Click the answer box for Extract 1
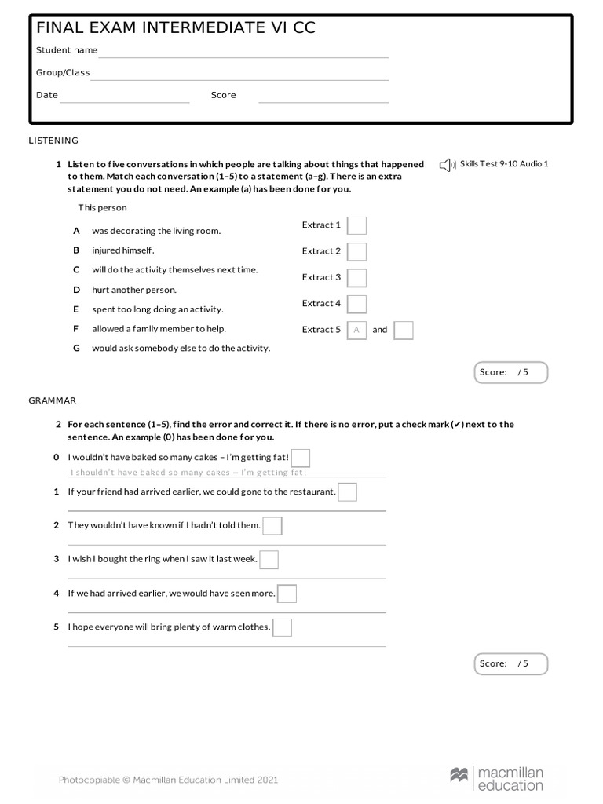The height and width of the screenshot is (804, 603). [356, 226]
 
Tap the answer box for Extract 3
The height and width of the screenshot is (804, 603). [356, 278]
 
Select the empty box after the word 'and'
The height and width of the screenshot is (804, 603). [404, 331]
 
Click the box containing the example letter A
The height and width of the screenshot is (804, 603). [356, 331]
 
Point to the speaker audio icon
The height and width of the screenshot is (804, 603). [446, 164]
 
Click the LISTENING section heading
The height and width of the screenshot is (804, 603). [53, 141]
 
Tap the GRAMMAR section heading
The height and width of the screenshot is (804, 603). [52, 400]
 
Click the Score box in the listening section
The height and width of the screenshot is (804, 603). [511, 372]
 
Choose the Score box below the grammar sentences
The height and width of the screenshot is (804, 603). [511, 663]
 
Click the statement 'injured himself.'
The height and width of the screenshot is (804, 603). [123, 250]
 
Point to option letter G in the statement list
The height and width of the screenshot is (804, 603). [77, 348]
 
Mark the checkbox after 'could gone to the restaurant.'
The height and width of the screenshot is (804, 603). [347, 492]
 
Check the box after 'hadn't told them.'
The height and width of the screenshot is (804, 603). [272, 526]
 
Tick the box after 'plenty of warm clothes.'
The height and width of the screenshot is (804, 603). [283, 627]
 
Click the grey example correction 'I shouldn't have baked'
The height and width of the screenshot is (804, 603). [188, 473]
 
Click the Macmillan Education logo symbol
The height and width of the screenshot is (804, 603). [459, 776]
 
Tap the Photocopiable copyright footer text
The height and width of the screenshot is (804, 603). [168, 780]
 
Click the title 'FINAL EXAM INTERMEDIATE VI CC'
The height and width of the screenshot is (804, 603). [176, 29]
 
